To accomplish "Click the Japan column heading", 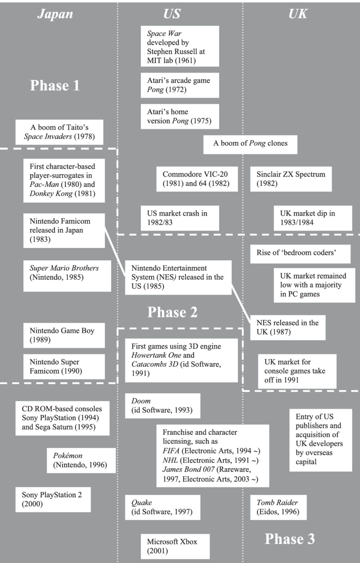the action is coord(55,14).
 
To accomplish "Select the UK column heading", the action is coord(298,14).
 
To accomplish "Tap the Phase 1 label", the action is coord(55,86).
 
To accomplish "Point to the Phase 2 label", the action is coord(172,312).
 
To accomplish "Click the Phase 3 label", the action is coord(290,539).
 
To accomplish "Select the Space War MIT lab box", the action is coord(180,46).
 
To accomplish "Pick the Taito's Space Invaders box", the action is coord(59,132).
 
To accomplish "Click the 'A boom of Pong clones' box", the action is coord(250,144).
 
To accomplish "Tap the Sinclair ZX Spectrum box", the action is coord(291,179).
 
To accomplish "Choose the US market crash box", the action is coord(180,218).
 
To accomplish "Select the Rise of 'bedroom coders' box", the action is coord(300,254).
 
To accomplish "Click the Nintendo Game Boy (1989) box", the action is coord(64,335).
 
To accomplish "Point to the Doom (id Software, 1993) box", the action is coord(163,406).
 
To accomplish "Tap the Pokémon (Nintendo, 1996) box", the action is coord(81,461).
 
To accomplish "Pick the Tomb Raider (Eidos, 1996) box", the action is coord(278,507).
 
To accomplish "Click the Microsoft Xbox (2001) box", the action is coord(175,546).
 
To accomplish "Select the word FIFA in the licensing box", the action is coord(171,451).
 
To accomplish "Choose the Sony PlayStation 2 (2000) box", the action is coord(53,500).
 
